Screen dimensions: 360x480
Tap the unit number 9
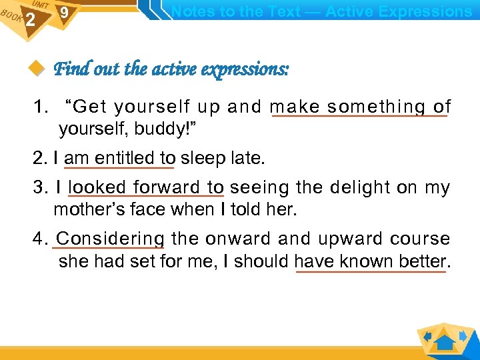point(63,13)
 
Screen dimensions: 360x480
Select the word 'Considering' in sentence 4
point(111,239)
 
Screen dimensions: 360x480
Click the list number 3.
point(40,188)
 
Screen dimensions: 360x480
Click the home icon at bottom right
point(445,343)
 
